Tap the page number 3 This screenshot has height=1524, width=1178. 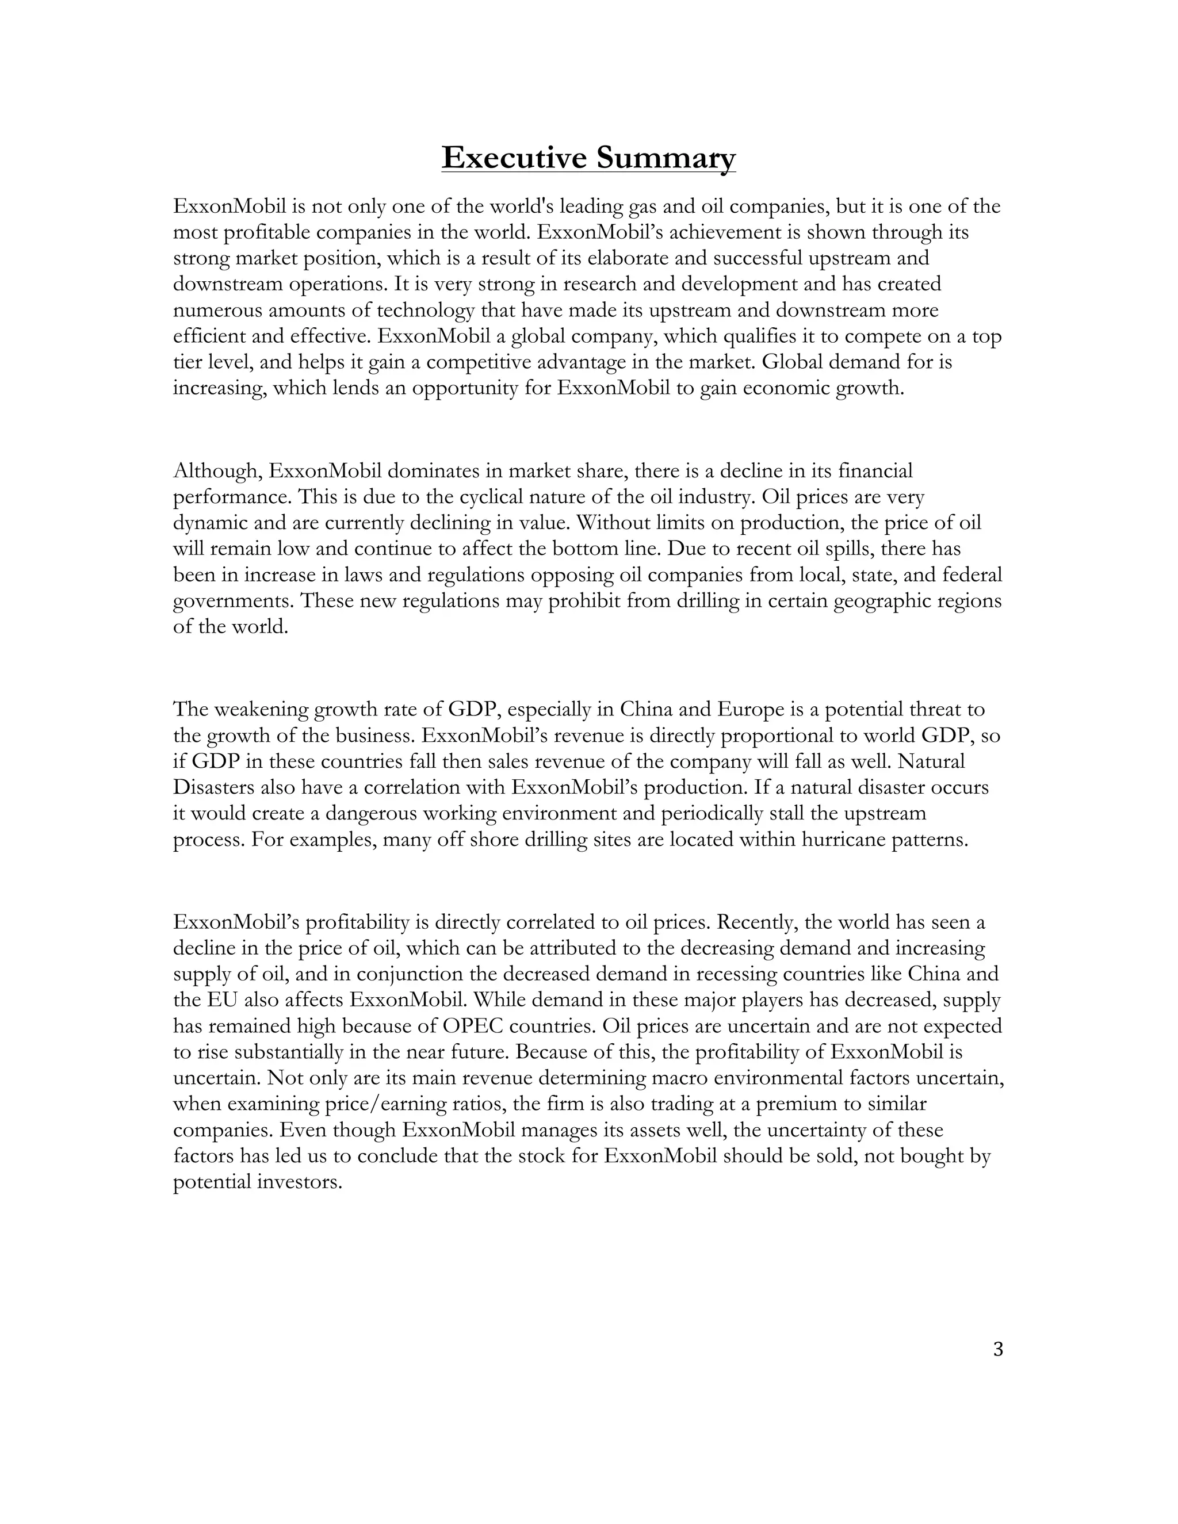[x=997, y=1350]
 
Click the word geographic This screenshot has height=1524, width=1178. [x=880, y=602]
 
